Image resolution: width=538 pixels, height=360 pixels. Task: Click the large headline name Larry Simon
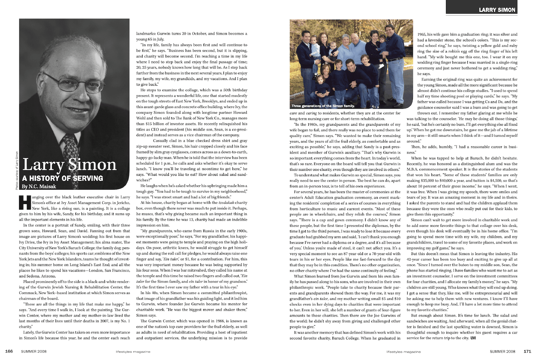70,165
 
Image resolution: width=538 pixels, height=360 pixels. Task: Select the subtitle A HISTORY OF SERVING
62,178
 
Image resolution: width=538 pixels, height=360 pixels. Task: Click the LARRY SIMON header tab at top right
497,10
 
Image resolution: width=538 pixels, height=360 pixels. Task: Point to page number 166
9,351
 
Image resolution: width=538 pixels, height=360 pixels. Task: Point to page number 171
527,351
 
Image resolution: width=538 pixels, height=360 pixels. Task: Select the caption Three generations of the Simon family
323,106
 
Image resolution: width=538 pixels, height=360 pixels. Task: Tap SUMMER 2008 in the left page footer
34,351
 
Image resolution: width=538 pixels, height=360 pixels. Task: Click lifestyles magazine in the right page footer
403,352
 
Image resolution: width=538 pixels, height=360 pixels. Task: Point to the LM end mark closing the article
473,338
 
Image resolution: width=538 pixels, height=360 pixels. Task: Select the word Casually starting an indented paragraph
160,141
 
